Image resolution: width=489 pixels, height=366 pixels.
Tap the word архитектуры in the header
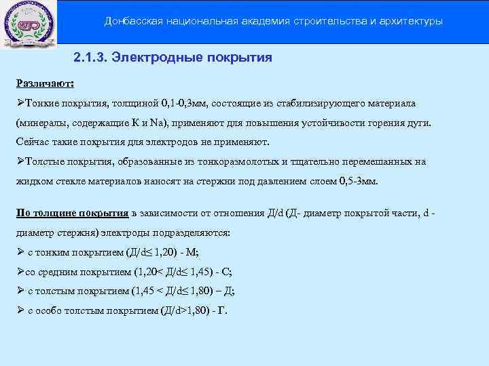(410, 22)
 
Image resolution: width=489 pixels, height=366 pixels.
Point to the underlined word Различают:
(46, 83)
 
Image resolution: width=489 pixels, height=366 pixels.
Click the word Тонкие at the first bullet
(41, 103)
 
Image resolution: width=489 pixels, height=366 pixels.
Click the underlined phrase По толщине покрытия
(73, 213)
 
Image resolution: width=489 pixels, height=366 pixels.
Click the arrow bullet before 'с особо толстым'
(20, 311)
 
